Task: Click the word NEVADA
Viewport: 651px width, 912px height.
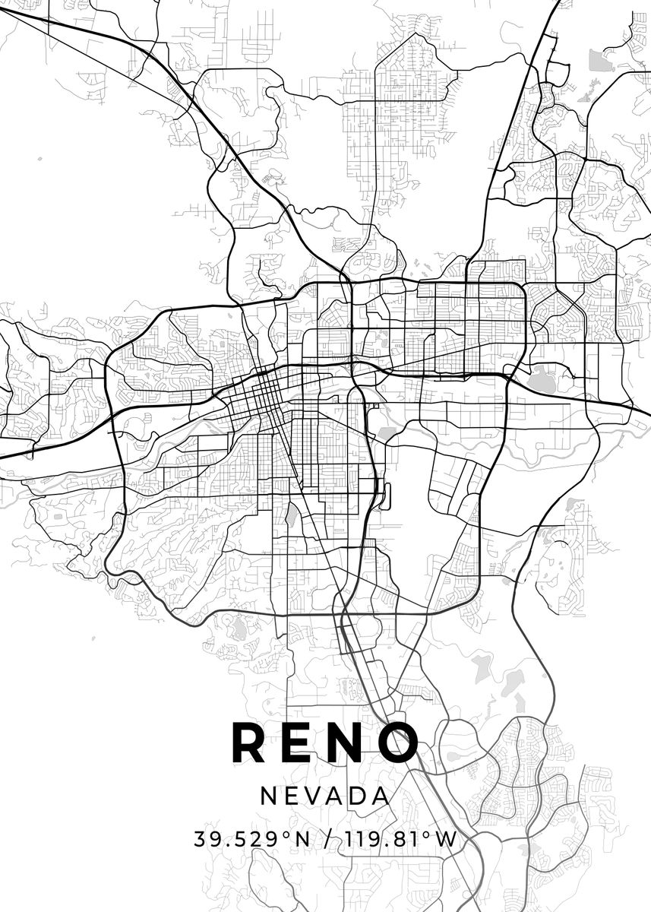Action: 325,796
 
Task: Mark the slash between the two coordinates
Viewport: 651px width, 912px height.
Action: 327,839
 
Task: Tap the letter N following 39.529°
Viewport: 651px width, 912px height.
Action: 302,839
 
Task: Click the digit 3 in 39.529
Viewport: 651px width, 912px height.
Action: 201,839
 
